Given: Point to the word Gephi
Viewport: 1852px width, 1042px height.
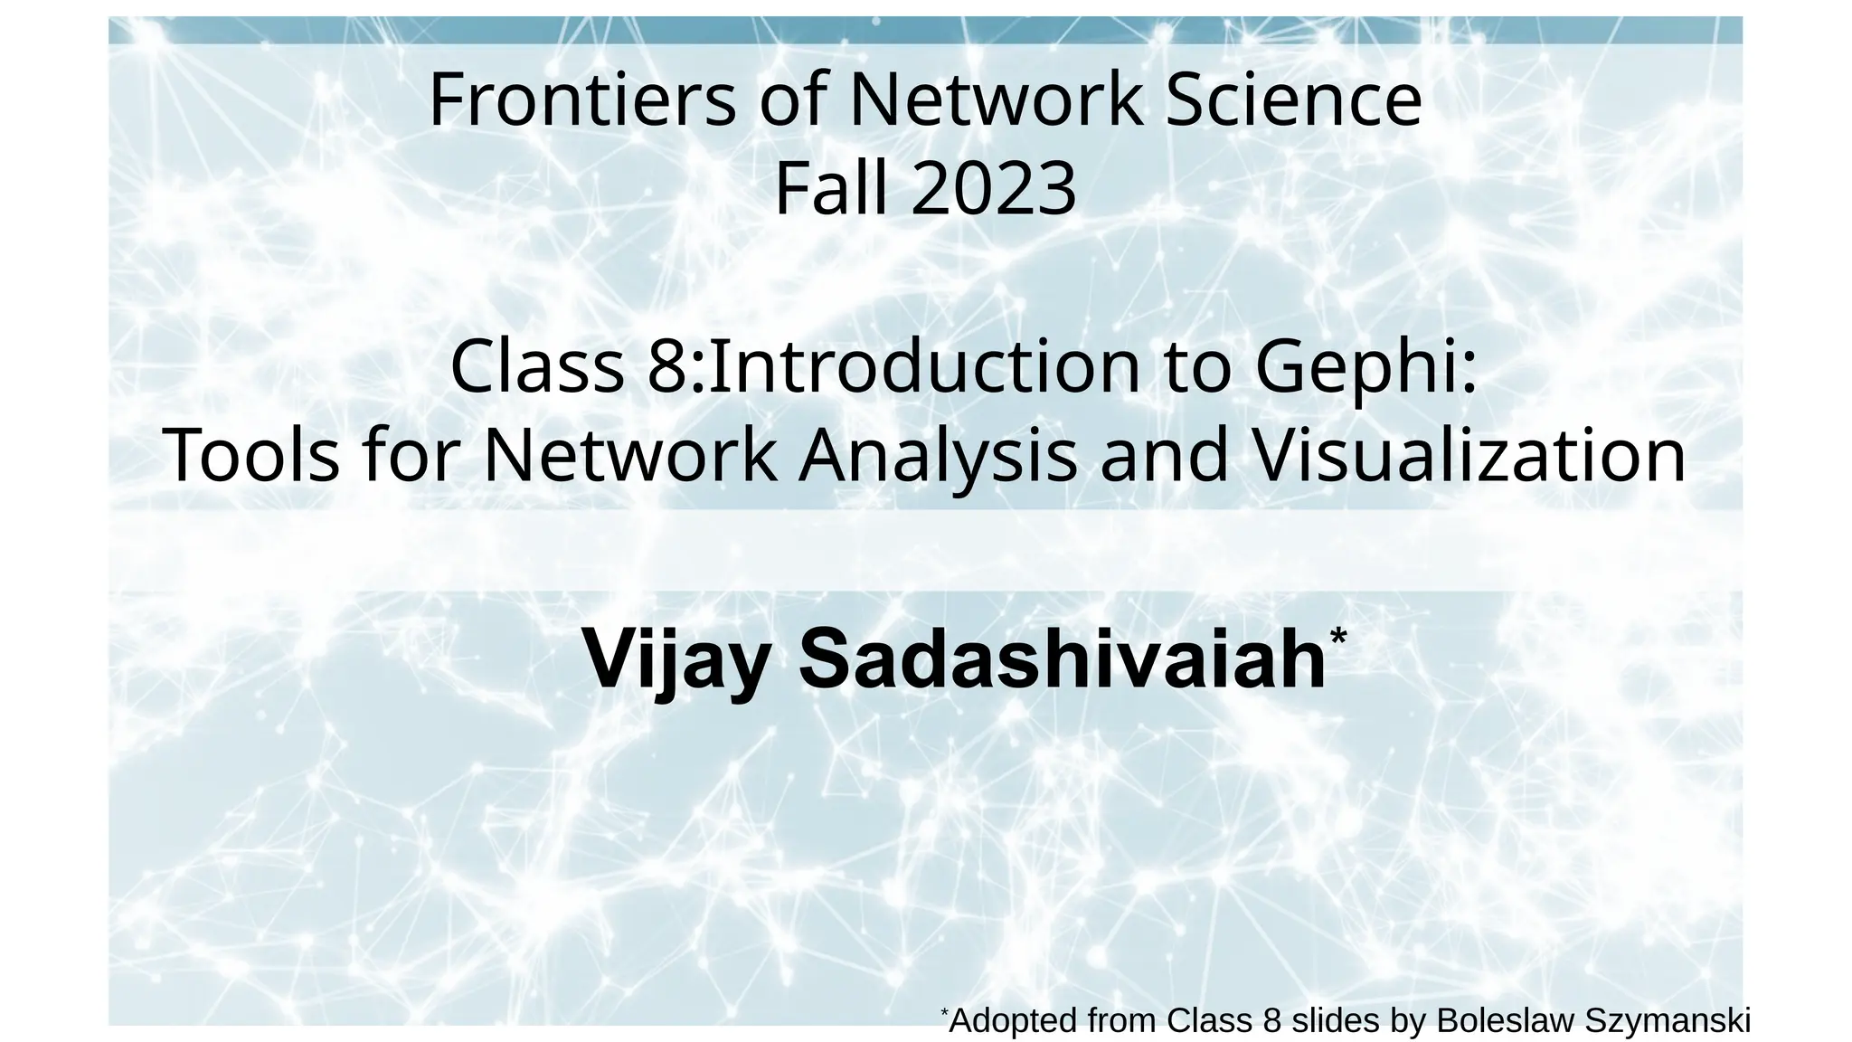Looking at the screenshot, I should (1365, 367).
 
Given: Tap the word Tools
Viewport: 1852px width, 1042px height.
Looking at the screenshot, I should (251, 454).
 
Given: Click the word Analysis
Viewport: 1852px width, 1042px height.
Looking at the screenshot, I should (938, 454).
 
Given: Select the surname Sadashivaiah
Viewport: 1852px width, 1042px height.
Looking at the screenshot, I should (1062, 658).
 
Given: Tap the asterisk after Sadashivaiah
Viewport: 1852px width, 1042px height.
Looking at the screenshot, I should (1338, 636).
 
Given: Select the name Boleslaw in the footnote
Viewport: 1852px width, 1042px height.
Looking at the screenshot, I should (1505, 1020).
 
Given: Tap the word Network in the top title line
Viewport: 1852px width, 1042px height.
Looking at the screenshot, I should (995, 99).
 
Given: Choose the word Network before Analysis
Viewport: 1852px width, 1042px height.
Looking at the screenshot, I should (630, 454).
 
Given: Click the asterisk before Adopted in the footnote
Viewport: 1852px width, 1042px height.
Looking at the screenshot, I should (944, 1010).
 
